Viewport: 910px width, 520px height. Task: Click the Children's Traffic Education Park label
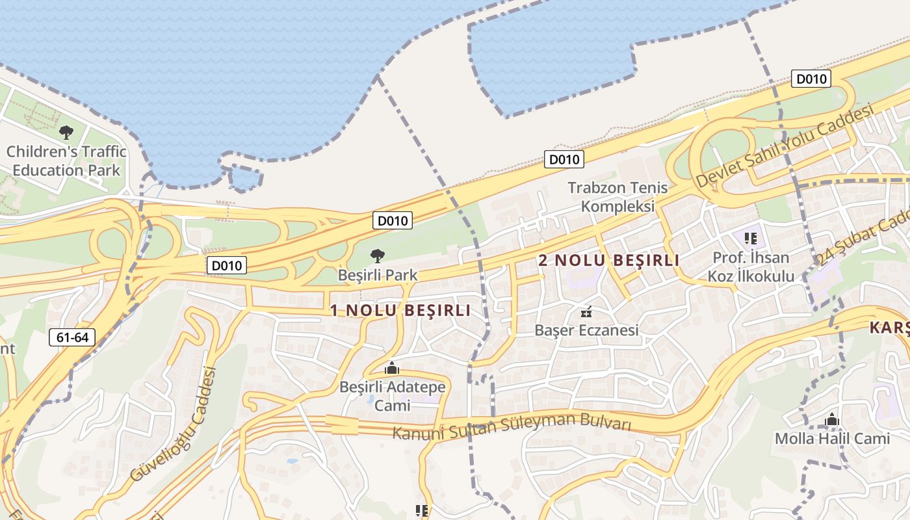66,161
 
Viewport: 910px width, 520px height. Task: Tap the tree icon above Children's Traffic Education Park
66,133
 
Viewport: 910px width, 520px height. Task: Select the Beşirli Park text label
377,275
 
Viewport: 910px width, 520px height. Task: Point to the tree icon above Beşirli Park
377,255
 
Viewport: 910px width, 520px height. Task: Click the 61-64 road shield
71,337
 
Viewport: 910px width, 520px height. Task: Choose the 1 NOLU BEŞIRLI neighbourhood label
400,311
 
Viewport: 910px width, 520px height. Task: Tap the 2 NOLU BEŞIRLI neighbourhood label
608,261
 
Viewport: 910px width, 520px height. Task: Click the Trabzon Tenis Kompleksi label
617,197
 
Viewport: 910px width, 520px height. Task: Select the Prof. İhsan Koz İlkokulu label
753,267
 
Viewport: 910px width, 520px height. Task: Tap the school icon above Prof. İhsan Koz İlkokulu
751,239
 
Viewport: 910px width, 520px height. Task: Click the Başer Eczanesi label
586,330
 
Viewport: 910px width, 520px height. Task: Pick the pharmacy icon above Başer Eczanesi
586,312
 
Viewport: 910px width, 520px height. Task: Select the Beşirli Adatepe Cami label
393,396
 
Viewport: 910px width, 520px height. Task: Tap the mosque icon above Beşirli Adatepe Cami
391,369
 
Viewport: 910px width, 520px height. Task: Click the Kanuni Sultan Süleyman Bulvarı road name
512,426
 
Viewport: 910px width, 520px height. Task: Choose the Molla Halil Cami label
831,439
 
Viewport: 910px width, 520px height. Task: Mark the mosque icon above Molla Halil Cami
831,420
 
